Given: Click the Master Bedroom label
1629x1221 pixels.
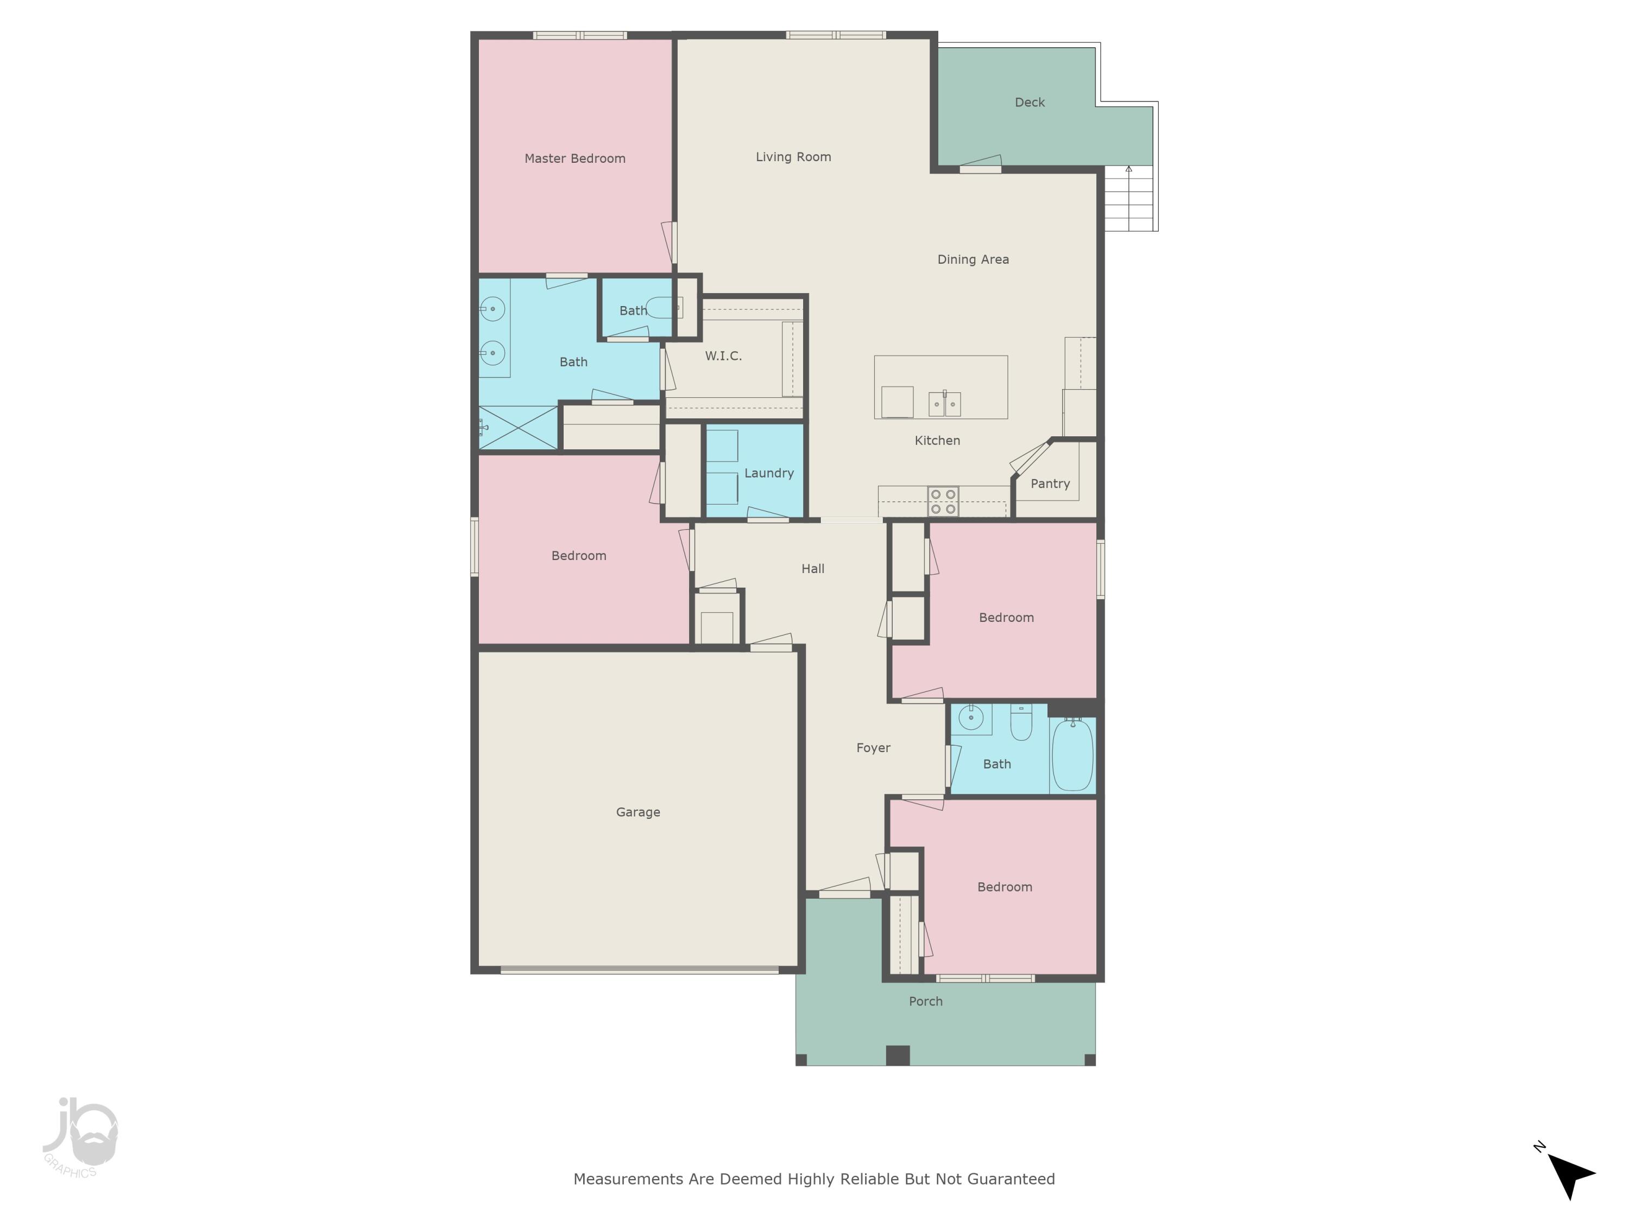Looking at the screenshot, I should coord(574,158).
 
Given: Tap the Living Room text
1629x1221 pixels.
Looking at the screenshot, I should coord(793,157).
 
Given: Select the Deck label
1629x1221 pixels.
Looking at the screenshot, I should coord(1029,103).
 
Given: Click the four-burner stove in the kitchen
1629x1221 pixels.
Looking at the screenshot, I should coord(943,501).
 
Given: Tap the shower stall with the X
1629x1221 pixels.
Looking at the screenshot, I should coord(517,427).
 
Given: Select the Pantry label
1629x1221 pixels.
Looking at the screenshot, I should coord(1050,484).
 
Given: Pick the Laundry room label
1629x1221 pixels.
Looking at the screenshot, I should coord(769,473).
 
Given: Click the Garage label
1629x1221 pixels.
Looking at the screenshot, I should coord(638,812).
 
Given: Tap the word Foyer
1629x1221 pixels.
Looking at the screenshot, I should coord(873,748).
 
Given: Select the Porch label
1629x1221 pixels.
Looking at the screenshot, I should coord(925,1001).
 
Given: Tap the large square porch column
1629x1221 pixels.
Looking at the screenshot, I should coord(897,1054).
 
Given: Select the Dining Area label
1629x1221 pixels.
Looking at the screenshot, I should coord(972,259).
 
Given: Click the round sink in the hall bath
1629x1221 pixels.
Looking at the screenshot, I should coord(971,717).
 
